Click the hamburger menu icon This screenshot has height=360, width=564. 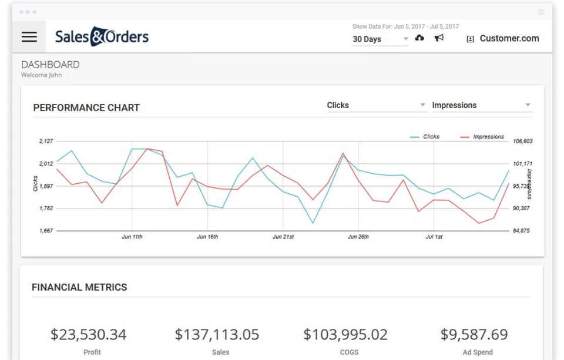tap(29, 37)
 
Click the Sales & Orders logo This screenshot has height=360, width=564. tap(102, 37)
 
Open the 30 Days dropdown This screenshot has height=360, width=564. tap(380, 39)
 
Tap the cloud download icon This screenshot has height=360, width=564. tap(419, 38)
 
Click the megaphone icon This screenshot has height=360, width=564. tap(439, 38)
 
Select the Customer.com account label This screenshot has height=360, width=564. tap(509, 39)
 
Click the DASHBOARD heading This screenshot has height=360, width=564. tap(51, 65)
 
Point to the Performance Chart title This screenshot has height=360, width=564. tap(86, 108)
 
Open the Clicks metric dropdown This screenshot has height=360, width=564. tap(376, 106)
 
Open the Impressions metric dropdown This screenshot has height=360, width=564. tap(481, 106)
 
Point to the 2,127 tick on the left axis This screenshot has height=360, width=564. tap(46, 142)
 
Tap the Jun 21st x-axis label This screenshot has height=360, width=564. tap(283, 237)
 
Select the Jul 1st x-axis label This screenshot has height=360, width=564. tap(434, 237)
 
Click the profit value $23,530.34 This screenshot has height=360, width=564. tap(88, 335)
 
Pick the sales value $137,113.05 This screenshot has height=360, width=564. tap(217, 335)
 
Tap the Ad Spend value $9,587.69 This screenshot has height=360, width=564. tap(474, 335)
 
